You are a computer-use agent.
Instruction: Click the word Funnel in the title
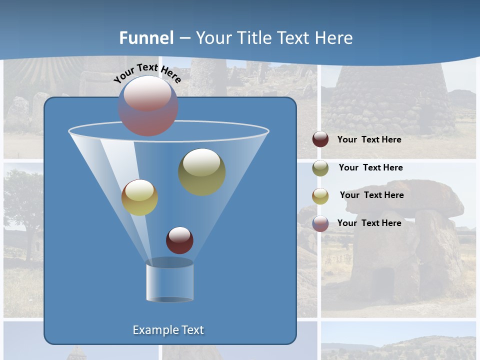146,38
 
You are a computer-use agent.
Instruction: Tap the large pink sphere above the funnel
147,105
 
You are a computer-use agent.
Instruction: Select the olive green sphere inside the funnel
201,171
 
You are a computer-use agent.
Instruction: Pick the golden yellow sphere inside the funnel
139,197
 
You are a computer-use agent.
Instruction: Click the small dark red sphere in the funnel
179,240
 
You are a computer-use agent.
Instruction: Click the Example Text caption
168,330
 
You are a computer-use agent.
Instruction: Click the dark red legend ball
320,139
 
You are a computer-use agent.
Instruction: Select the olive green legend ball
320,168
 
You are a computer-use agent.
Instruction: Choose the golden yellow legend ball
320,195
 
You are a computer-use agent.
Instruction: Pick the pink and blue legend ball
320,223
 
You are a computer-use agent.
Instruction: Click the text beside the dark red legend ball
369,140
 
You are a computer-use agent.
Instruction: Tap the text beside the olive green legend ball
370,167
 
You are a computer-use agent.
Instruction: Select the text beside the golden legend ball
371,195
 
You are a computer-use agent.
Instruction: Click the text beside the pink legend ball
369,223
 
